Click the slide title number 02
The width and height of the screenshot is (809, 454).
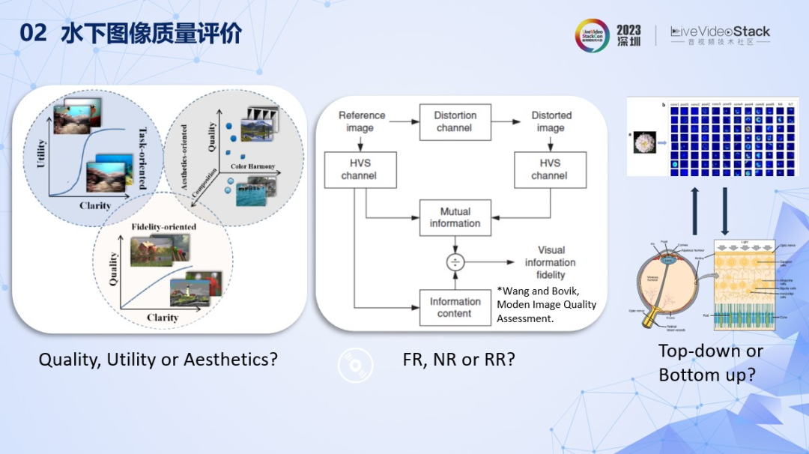tap(33, 34)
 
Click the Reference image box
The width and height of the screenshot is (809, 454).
tap(362, 121)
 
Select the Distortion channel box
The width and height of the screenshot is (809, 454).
tap(455, 121)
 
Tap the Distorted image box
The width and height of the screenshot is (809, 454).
tap(551, 121)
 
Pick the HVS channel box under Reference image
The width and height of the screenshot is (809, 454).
tap(358, 169)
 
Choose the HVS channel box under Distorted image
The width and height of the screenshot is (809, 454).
tap(549, 169)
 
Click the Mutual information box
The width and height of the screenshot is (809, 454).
tap(455, 217)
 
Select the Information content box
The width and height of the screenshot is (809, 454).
tap(455, 307)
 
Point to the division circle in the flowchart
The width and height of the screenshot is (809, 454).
tap(455, 262)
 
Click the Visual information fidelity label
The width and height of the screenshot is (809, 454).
tap(550, 262)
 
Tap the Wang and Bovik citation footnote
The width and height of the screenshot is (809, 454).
tap(547, 304)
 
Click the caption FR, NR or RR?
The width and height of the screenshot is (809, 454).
tap(458, 360)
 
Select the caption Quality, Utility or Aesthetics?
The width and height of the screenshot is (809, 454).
tap(158, 360)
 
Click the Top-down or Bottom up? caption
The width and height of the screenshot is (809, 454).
tap(710, 363)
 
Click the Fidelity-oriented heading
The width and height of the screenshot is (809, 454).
tap(163, 226)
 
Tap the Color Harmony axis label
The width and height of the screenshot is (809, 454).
tap(252, 166)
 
